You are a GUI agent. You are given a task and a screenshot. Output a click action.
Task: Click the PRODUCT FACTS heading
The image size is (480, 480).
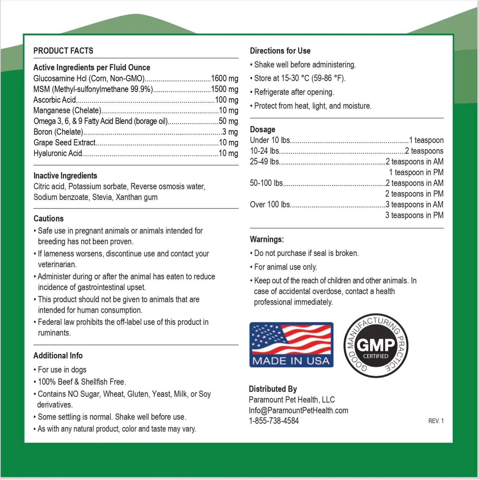[63, 51]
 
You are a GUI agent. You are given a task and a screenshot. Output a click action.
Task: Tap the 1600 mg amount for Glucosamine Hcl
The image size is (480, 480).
[224, 78]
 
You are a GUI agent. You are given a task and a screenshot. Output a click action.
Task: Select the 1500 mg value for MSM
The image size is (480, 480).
[224, 89]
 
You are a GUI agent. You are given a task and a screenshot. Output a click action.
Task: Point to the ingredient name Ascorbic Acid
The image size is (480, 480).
[55, 100]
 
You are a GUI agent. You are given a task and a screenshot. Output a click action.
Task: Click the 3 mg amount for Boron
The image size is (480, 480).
[230, 132]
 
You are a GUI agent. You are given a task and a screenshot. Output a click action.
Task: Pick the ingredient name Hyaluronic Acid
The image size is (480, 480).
[58, 153]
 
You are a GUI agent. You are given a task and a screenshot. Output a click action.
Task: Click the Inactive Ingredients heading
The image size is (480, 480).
[65, 176]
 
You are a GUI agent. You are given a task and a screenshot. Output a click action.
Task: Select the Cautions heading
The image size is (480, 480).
[49, 219]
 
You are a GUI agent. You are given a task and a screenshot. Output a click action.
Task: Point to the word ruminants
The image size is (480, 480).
[54, 333]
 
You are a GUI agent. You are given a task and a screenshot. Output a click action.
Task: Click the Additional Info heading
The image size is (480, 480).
[58, 356]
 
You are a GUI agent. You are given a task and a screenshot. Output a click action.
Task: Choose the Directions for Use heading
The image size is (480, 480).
[280, 51]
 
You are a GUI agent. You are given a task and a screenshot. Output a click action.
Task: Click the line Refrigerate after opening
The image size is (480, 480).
[294, 92]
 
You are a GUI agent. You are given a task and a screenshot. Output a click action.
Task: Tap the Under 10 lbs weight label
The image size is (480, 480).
[270, 140]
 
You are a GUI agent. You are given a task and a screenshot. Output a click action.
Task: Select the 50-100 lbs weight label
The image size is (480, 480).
[266, 183]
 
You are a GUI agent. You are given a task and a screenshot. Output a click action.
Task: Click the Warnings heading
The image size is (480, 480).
[267, 239]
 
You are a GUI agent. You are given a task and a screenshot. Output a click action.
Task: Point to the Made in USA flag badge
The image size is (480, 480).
[291, 345]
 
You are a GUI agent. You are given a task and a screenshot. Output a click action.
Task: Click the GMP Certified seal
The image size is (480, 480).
[376, 345]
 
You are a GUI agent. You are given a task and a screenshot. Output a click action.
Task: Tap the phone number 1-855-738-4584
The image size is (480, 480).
[274, 421]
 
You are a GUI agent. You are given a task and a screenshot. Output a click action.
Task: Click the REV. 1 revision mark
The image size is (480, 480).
[436, 421]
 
